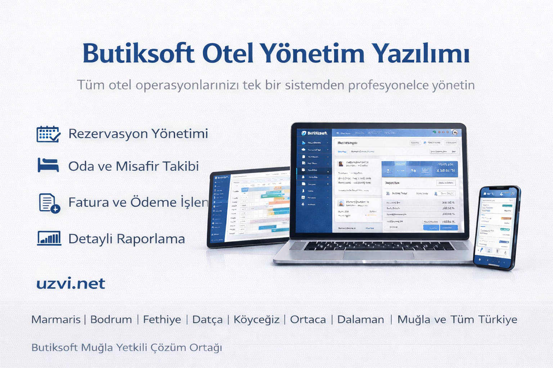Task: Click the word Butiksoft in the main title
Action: (x=139, y=54)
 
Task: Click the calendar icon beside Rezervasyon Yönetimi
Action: (x=48, y=134)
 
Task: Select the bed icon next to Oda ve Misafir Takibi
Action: (x=48, y=166)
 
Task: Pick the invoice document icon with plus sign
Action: (x=49, y=203)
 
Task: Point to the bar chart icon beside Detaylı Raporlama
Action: (x=49, y=238)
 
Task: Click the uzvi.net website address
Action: (x=71, y=284)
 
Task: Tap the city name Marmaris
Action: (x=56, y=319)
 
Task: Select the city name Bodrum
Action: (x=111, y=319)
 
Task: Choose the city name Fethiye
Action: (x=162, y=319)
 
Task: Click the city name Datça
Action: (x=207, y=319)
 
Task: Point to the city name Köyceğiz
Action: (x=256, y=319)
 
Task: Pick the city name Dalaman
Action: (x=360, y=319)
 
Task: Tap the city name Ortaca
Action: (x=308, y=319)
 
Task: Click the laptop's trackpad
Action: (x=378, y=255)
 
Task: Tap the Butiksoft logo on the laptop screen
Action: (x=314, y=133)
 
